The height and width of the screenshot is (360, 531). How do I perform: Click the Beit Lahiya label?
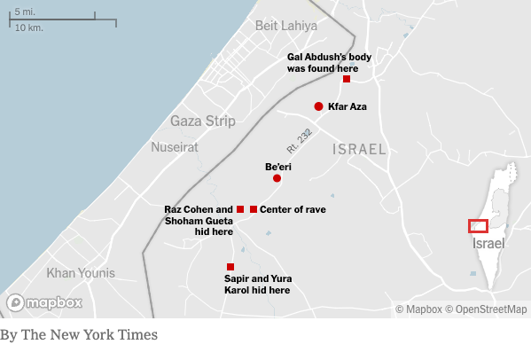pos(285,26)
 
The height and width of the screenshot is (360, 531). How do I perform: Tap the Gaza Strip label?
pos(203,121)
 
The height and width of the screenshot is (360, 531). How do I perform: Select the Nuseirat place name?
pos(175,146)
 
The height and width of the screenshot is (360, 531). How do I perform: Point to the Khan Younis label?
pos(80,273)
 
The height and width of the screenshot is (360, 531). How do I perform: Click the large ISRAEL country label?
pos(359,149)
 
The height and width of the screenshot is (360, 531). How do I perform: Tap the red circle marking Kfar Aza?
pos(318,106)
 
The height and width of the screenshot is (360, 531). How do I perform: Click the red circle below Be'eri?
pos(277,178)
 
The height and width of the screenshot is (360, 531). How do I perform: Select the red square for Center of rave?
pos(254,209)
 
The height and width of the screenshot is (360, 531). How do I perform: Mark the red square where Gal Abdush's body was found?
pos(346,79)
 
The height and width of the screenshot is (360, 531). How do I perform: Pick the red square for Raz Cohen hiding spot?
pos(240,209)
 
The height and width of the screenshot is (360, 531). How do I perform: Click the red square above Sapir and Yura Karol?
pos(230,267)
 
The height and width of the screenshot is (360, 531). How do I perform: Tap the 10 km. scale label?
pos(28,27)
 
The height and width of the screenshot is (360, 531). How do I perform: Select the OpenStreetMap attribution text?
pos(487,309)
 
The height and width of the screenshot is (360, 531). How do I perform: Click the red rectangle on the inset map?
pos(478,226)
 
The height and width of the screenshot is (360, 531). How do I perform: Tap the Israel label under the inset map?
pos(488,243)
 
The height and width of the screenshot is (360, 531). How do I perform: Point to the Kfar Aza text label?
pos(347,106)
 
